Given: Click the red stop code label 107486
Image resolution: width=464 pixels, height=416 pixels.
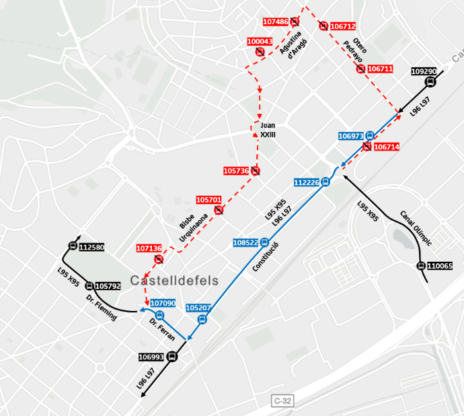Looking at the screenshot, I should tap(276, 22).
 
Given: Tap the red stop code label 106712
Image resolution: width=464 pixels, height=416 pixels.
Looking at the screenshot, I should tap(343, 26).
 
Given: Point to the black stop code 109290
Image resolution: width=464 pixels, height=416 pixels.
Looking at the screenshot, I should tap(424, 71).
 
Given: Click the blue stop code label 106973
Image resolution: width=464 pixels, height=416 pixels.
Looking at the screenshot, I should tap(351, 136).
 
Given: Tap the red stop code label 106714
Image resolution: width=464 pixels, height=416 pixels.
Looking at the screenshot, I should tap(386, 147).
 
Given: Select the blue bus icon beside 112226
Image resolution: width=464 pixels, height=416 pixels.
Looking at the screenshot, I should tap(325, 181).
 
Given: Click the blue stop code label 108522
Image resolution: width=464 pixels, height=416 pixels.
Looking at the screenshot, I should tap(245, 242).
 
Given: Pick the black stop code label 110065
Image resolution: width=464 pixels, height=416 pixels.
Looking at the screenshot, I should tap(440, 266).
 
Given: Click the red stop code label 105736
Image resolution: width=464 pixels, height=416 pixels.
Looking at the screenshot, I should tap(236, 171).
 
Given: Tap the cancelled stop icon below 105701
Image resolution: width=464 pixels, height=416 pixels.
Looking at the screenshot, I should tap(219, 211).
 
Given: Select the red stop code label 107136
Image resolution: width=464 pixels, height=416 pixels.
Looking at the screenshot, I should tap(149, 248).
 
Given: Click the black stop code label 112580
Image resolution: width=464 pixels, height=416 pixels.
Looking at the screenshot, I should tap(91, 247).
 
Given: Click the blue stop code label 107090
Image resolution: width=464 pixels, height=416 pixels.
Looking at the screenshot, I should tap(163, 304).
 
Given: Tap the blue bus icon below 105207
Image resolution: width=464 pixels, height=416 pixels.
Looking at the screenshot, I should tap(202, 319).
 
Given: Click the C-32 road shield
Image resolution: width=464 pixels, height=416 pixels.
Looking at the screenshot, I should tap(282, 401).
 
